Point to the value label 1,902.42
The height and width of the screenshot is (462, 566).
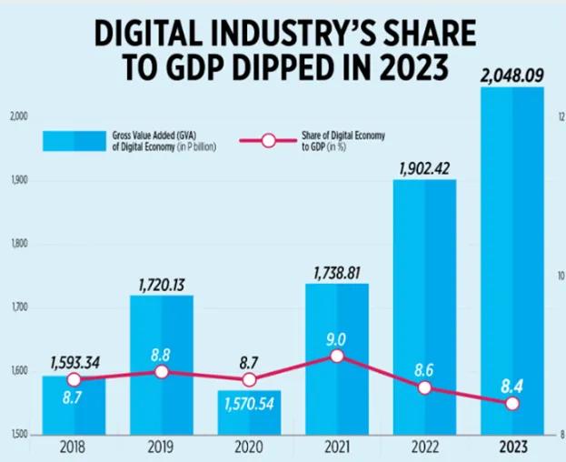click(425, 167)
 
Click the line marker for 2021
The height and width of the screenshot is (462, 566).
click(337, 356)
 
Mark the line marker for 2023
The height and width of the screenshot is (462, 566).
click(512, 403)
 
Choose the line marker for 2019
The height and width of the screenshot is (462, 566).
click(162, 371)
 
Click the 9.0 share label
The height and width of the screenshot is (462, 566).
click(337, 338)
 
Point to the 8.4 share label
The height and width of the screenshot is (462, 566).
click(512, 386)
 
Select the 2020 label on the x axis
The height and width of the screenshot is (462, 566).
click(249, 447)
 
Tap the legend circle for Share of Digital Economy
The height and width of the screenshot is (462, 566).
click(268, 140)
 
